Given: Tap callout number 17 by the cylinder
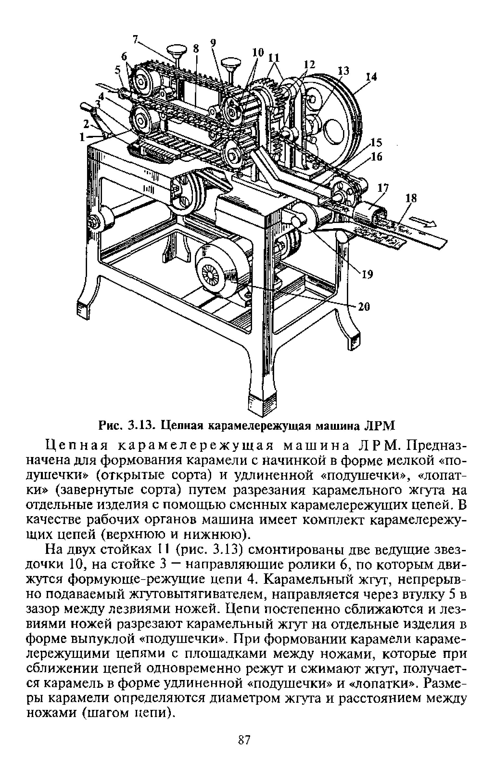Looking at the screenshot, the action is [383, 188].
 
